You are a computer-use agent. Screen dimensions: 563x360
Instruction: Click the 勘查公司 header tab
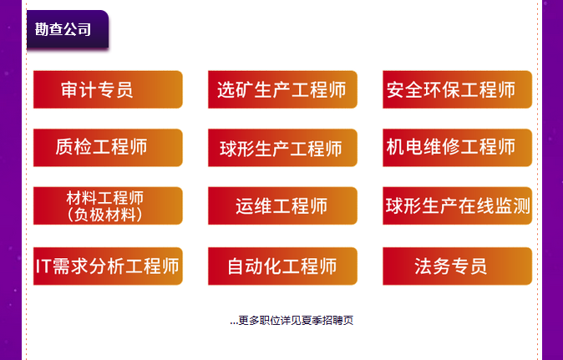pos(68,29)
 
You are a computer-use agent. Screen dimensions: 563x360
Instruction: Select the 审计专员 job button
pos(108,89)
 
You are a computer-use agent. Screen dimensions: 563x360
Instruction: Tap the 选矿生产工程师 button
pos(282,89)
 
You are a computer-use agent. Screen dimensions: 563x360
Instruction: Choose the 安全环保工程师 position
pos(457,89)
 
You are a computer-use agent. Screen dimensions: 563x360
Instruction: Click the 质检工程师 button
pos(108,148)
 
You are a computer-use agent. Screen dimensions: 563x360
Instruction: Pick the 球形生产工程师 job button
pos(282,148)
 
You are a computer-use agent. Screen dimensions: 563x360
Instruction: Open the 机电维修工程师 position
pos(457,148)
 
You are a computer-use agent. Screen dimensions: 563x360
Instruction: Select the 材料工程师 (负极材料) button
pos(108,205)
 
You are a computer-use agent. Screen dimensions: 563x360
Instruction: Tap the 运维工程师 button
pos(282,205)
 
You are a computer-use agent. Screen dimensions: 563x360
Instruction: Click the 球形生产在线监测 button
pos(457,205)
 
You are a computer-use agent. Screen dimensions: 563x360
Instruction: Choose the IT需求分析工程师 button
pos(108,266)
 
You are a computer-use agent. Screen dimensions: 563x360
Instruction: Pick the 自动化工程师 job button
pos(282,266)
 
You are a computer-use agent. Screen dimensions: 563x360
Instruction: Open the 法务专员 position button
pos(457,266)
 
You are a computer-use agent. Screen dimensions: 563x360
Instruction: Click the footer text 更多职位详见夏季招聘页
pos(296,320)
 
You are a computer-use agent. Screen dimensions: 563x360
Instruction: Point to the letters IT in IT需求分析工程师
pos(43,266)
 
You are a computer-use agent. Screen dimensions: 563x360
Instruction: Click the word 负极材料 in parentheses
pos(105,215)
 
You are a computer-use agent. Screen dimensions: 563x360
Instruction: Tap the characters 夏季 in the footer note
pos(312,320)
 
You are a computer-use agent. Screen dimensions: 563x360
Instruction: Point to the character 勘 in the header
pos(42,29)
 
